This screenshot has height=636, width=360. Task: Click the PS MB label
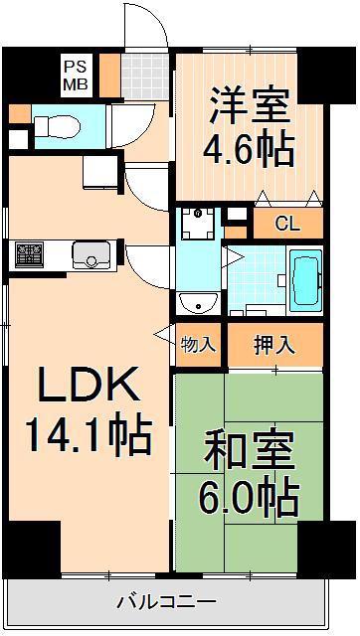point(77,76)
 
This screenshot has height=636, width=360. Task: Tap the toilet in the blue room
point(57,127)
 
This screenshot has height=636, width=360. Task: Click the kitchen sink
point(91,254)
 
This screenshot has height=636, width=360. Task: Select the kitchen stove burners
point(29,254)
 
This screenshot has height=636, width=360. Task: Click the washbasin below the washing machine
point(199,303)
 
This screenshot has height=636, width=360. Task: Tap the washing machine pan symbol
point(198,224)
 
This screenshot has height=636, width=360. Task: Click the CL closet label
point(287,223)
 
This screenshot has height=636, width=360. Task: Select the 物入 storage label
point(197,345)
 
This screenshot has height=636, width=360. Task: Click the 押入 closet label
point(273,345)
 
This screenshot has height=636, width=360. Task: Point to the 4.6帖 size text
point(249,149)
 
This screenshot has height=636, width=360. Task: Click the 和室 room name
point(249,449)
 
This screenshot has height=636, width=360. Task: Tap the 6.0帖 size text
point(250,495)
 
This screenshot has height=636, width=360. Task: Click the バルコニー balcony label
point(167,600)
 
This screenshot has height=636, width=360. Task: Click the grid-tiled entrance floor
point(145,77)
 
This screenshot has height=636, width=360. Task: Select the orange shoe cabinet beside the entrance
point(109,76)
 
